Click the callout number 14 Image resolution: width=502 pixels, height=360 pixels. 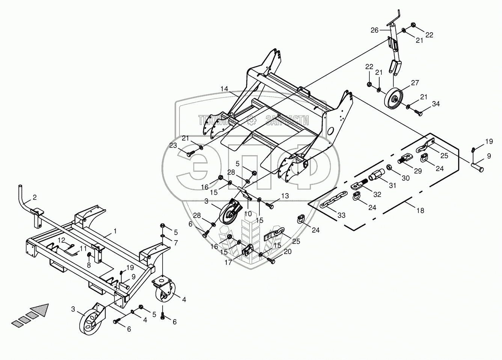tap(224, 89)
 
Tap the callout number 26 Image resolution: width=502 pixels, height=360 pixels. tap(374, 30)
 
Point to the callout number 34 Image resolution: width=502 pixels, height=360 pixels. tap(435, 104)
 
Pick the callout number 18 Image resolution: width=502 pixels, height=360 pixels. tap(420, 211)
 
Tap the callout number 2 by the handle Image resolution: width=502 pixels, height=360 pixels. tap(35, 197)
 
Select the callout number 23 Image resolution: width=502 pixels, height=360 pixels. tap(173, 145)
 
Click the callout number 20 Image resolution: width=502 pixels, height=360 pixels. tap(287, 252)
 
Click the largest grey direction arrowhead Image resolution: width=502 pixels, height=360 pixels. tap(40, 310)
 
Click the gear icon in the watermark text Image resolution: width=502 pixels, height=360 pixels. tap(251, 120)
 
